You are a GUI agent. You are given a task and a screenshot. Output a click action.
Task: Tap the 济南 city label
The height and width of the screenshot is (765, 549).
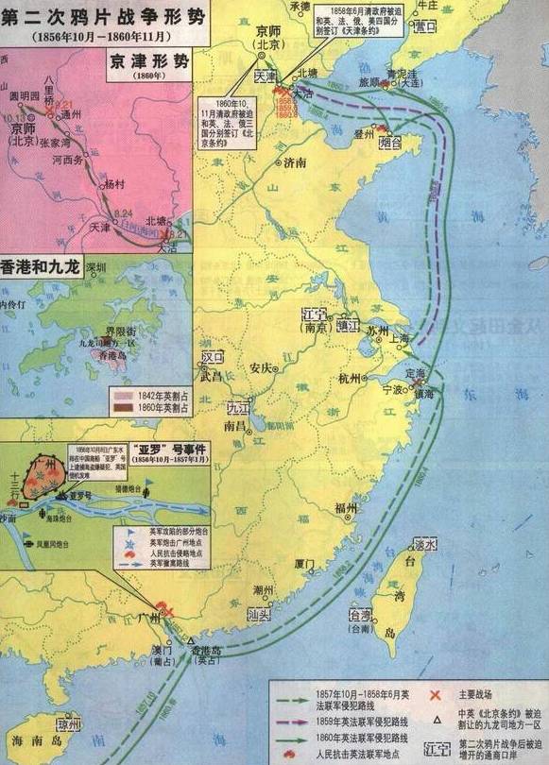(294, 162)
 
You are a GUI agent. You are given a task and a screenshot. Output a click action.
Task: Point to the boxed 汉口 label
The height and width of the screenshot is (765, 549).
(215, 360)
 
